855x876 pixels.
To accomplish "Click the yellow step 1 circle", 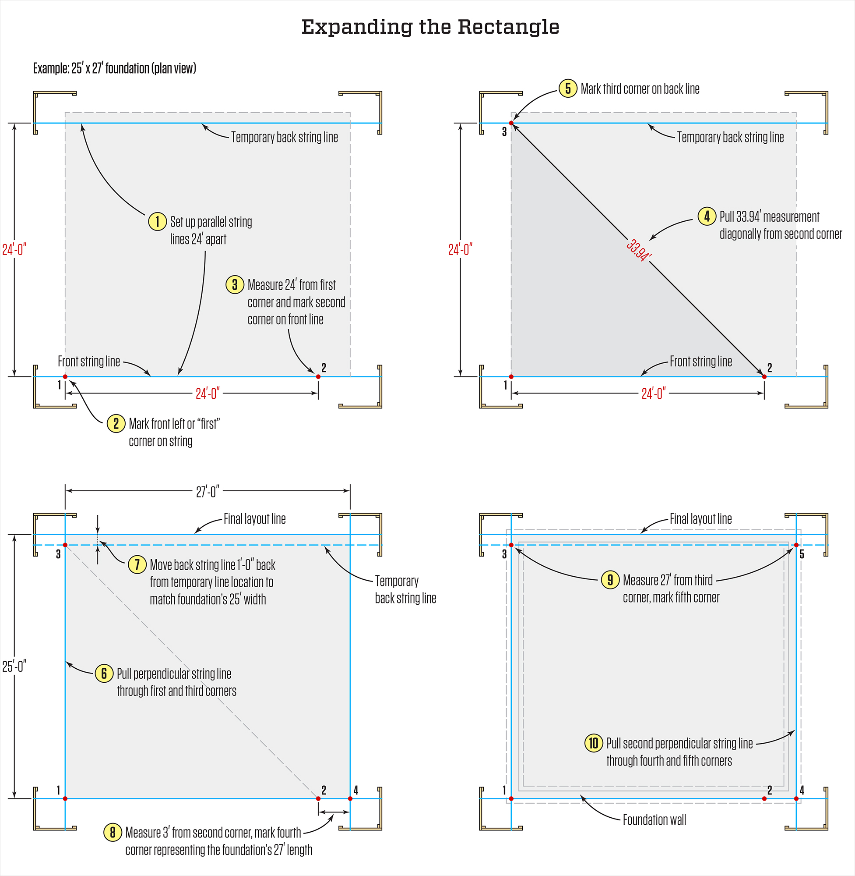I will [157, 222].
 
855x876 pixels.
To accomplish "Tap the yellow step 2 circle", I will [116, 423].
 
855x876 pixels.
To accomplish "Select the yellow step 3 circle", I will [234, 284].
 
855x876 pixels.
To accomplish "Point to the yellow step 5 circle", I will [568, 89].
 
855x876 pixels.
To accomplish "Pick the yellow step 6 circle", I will [104, 673].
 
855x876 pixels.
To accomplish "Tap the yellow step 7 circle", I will [137, 564].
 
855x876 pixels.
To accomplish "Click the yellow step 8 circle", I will [113, 833].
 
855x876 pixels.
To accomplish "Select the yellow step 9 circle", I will [610, 580].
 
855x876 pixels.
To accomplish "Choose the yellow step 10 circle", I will [594, 743].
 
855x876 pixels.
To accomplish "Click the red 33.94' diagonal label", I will [639, 250].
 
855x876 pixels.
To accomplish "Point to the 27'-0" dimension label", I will [208, 492].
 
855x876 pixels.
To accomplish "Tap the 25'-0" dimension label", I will [14, 666].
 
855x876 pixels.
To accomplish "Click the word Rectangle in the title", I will [508, 27].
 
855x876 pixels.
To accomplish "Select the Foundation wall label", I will [654, 820].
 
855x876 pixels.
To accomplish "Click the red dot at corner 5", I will [796, 545].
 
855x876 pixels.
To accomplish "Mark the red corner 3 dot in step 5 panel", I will [511, 123].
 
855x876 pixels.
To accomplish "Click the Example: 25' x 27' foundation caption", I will [115, 68].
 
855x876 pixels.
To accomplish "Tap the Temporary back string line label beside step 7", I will [405, 589].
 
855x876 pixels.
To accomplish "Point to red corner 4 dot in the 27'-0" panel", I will [350, 799].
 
